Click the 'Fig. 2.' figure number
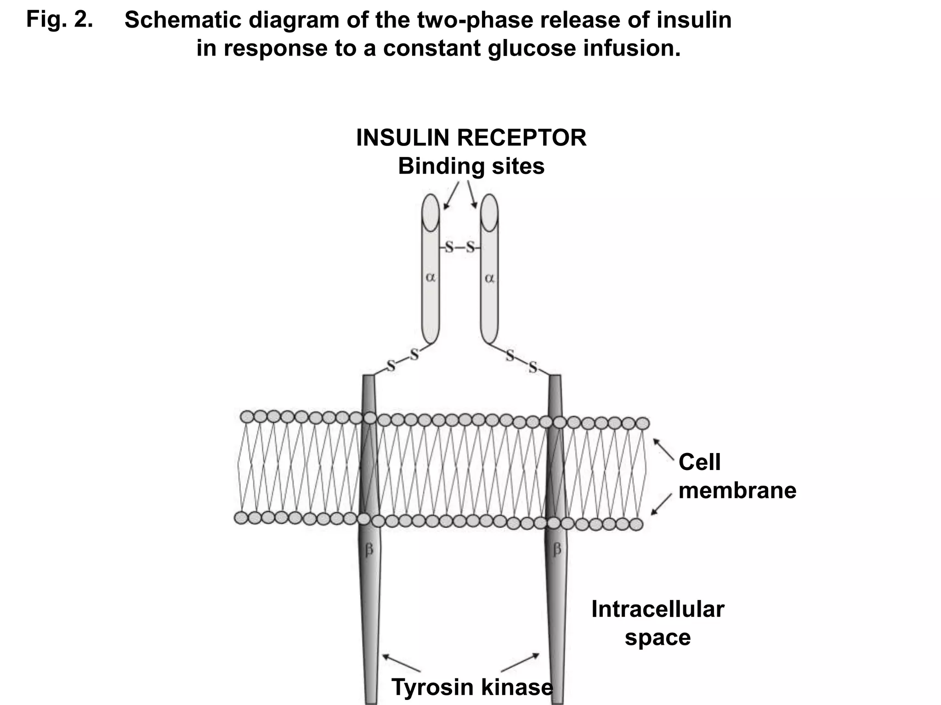[x=59, y=19]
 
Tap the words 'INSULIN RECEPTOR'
[x=471, y=138]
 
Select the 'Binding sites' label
[x=471, y=166]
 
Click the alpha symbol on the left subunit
[x=430, y=277]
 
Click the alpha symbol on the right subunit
[x=489, y=278]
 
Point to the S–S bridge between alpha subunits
[x=459, y=248]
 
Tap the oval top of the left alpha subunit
[x=431, y=213]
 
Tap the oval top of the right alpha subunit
[x=489, y=213]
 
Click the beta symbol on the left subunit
[x=369, y=549]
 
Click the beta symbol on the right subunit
[x=557, y=549]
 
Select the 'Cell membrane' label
[x=737, y=476]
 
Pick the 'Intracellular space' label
[x=658, y=623]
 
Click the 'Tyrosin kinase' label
[x=472, y=687]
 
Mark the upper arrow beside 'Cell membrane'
[x=663, y=448]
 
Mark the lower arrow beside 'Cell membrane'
[x=662, y=505]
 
